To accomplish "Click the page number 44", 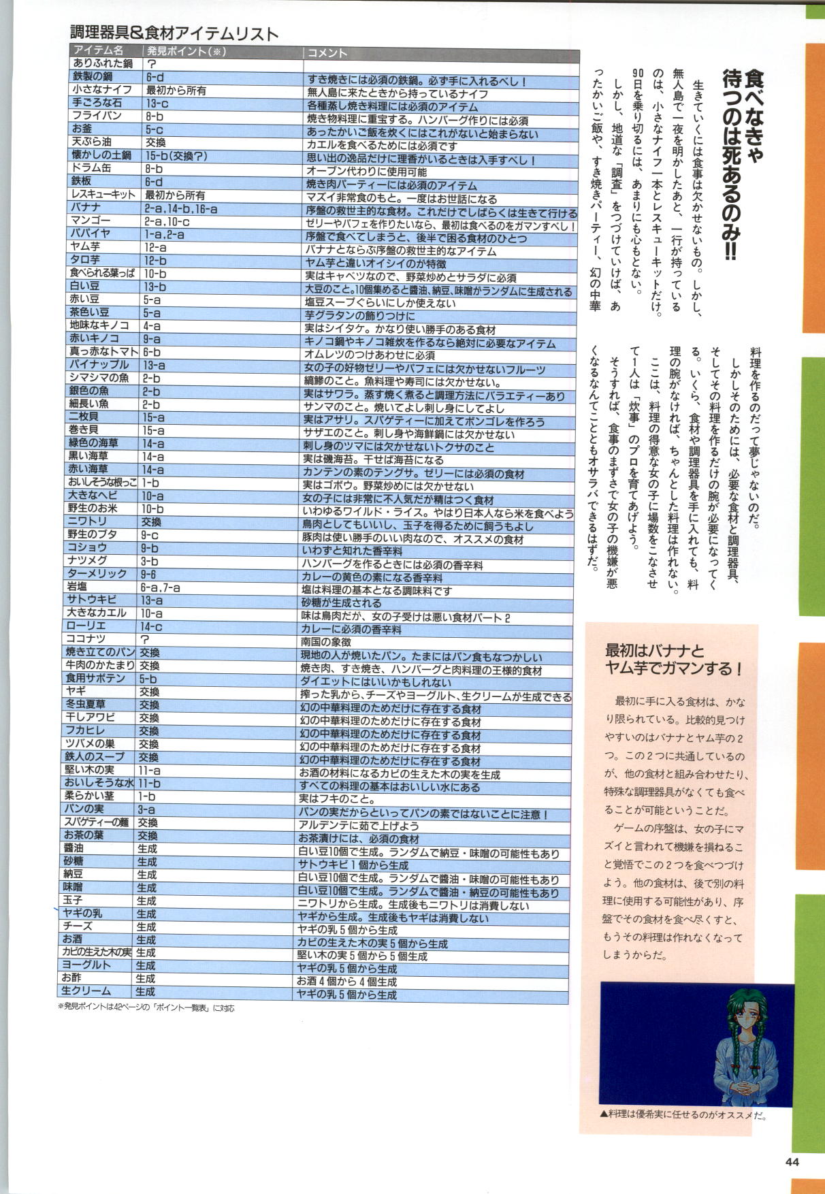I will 792,1162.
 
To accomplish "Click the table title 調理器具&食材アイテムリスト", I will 174,33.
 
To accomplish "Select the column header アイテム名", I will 99,50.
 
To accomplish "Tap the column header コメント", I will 327,52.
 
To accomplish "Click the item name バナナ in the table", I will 86,208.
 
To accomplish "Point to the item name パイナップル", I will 98,365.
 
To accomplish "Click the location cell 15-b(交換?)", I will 176,156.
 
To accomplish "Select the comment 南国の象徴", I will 327,641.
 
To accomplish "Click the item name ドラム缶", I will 91,168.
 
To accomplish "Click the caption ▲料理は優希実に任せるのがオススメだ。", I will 683,1116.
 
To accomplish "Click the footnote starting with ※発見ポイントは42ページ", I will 146,1007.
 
